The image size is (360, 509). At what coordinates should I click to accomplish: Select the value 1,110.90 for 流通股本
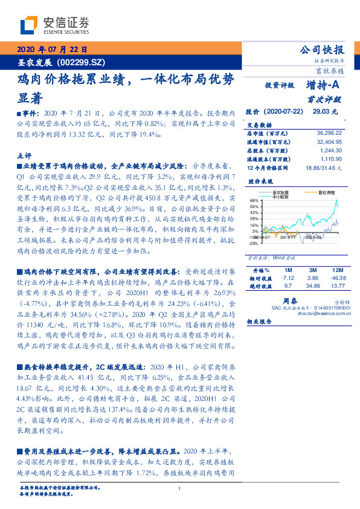pyautogui.click(x=330, y=158)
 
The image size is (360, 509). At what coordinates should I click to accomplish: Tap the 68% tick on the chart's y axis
pyautogui.click(x=254, y=200)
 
